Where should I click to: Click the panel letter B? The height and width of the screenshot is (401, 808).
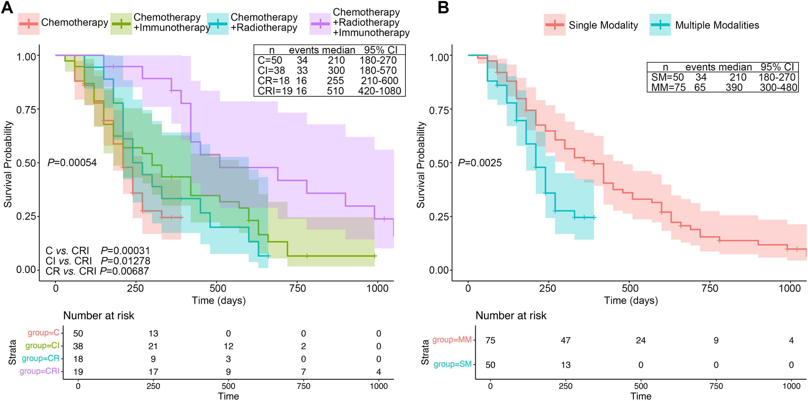(x=443, y=7)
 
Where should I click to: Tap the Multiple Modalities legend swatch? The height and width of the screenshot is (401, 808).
(x=660, y=25)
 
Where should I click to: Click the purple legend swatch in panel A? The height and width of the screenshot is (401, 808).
(x=320, y=24)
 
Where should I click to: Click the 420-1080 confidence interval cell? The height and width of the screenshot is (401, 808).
(x=379, y=91)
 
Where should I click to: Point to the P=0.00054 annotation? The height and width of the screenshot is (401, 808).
(x=72, y=163)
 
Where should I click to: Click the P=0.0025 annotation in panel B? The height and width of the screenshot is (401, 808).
(x=480, y=163)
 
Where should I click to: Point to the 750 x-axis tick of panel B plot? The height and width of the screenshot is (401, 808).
(x=710, y=288)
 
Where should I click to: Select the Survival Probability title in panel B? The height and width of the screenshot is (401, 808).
(x=421, y=165)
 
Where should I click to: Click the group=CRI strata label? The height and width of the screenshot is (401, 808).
(x=40, y=371)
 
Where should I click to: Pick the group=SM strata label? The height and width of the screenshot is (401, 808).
(x=453, y=364)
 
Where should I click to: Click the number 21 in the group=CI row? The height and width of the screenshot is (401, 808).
(x=153, y=346)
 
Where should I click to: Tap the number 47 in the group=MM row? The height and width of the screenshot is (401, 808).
(x=566, y=340)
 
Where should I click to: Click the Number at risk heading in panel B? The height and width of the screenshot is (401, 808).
(x=511, y=315)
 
